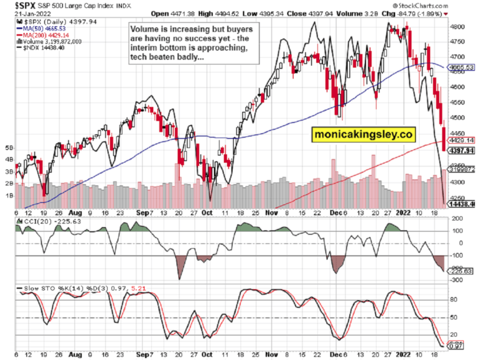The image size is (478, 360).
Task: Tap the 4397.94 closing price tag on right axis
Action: point(462,150)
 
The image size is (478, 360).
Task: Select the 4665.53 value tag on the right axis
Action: point(462,67)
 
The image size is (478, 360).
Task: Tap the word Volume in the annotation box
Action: point(145,29)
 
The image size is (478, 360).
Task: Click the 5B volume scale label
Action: point(8,148)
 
